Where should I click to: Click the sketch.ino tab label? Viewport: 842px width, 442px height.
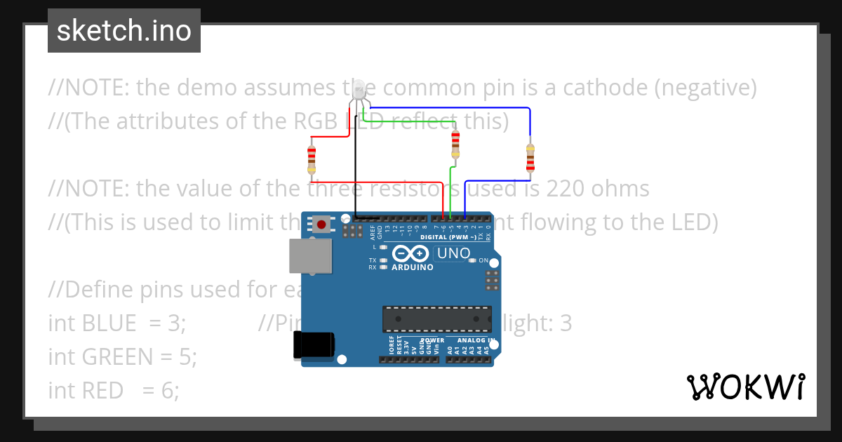(x=123, y=31)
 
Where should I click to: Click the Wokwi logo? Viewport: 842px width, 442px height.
(x=745, y=387)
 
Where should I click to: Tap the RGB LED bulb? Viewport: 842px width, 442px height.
(x=358, y=90)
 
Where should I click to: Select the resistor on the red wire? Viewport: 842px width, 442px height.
(x=312, y=159)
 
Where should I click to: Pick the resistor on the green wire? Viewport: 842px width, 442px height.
(x=456, y=145)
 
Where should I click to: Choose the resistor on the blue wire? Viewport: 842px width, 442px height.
(x=530, y=157)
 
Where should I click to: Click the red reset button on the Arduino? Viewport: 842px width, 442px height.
(x=321, y=225)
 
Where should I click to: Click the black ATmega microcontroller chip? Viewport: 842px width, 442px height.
(x=436, y=319)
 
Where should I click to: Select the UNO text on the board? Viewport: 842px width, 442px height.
(x=453, y=253)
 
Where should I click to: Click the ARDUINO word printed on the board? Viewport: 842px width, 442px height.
(x=413, y=267)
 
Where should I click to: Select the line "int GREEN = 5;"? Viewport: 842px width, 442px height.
(x=122, y=356)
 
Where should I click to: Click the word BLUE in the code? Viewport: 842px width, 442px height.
(x=109, y=323)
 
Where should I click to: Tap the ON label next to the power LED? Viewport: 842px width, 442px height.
(x=483, y=260)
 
